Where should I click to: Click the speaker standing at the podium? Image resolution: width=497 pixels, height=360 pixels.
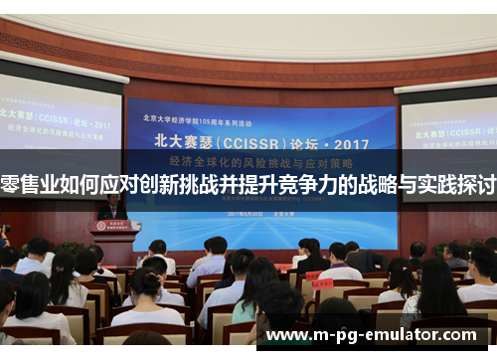tap(112, 207)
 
